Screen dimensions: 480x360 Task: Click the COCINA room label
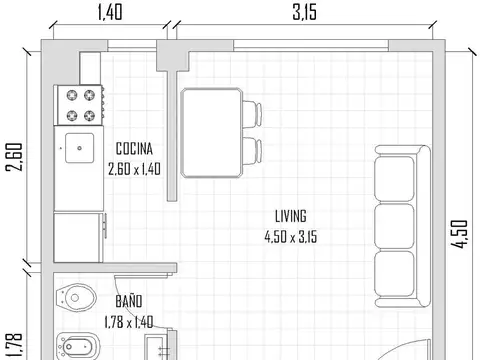click(x=133, y=150)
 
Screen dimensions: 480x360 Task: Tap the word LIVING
click(x=290, y=216)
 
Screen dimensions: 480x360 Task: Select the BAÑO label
click(x=128, y=300)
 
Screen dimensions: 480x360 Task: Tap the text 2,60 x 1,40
click(x=134, y=169)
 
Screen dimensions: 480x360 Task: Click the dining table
click(x=210, y=132)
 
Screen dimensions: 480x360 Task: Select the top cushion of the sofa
click(x=396, y=180)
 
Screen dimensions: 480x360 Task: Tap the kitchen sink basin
click(x=80, y=147)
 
